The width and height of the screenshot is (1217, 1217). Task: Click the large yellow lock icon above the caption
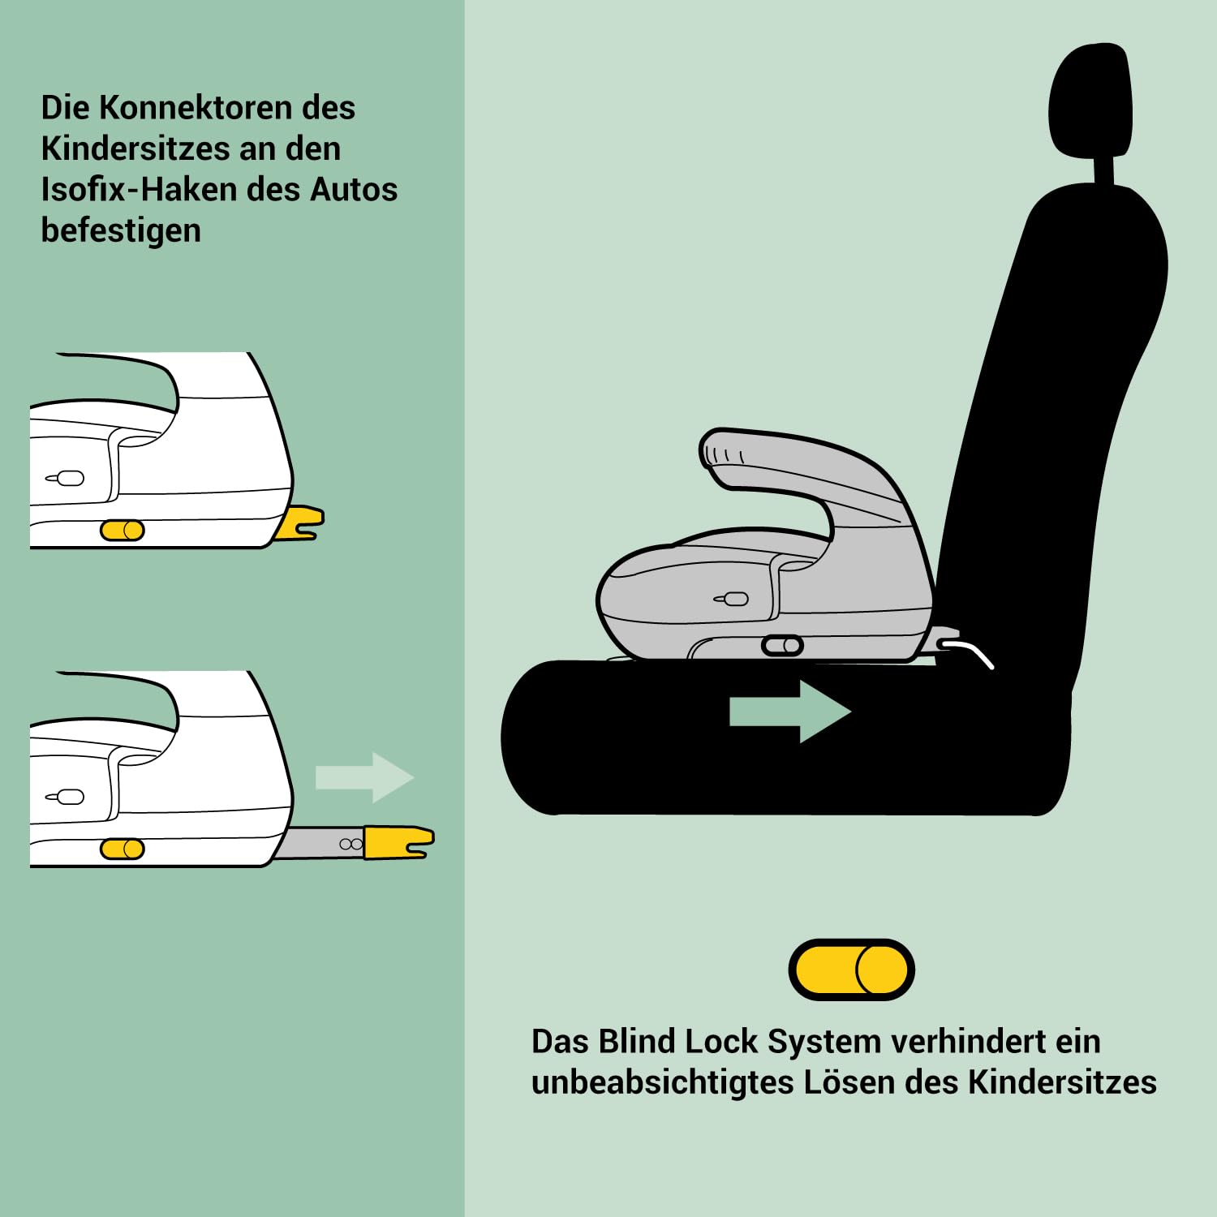851,970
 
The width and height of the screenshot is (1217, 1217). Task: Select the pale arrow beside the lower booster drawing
364,777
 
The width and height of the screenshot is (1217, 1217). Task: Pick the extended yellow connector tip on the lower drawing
398,842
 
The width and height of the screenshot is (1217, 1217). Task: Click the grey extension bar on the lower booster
320,844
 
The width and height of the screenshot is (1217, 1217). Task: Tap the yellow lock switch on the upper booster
123,531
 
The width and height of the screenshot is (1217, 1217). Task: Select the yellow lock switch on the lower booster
123,849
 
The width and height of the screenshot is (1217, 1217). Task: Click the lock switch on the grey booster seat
782,646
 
